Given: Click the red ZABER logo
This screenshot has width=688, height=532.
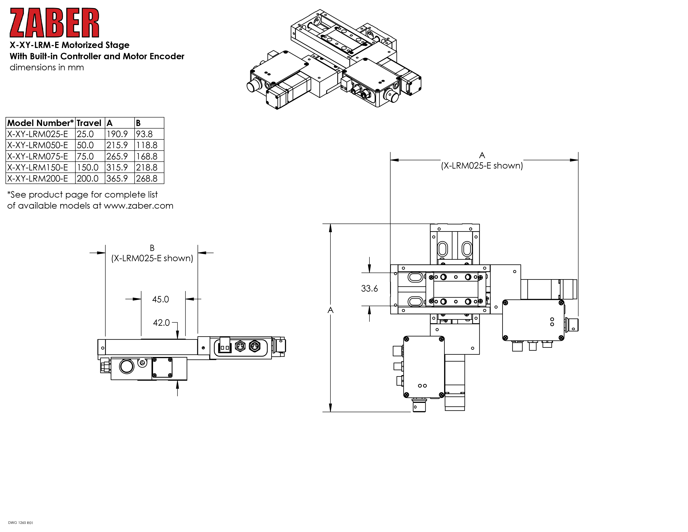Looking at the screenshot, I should coord(54,23).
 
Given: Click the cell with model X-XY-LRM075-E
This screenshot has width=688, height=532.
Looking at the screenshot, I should coord(38,156).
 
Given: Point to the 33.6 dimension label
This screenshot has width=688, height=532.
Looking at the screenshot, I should coord(369,288).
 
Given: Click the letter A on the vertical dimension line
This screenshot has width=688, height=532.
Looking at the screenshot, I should coord(330,310).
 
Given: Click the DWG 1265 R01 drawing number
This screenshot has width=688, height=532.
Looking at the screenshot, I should coord(20,523).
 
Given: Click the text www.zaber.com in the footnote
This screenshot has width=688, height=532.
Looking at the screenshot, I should coord(139,206).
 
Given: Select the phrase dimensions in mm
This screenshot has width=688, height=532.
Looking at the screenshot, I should coord(47,67).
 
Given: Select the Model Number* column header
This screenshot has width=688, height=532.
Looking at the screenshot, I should coord(40,123).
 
